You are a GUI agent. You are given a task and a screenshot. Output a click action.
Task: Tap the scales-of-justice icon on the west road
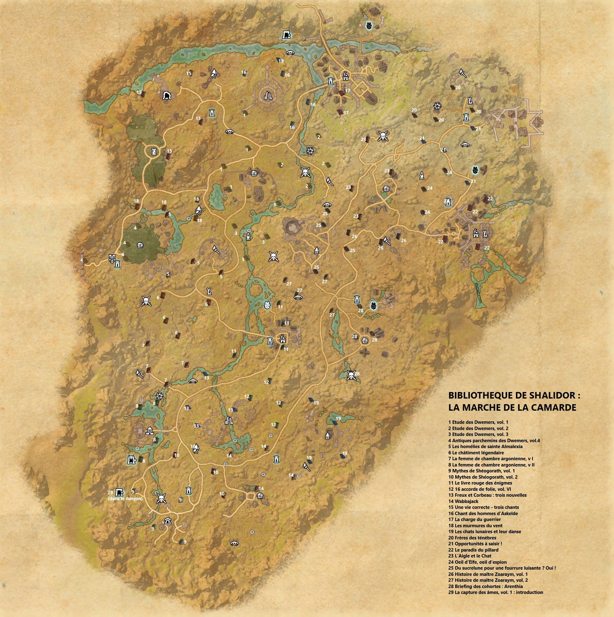pyautogui.click(x=112, y=257)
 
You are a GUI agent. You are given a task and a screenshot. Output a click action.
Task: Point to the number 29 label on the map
pyautogui.click(x=111, y=492)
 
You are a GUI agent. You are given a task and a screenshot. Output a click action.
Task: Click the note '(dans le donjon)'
pyautogui.click(x=125, y=498)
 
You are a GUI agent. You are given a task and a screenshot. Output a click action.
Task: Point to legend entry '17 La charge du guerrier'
pyautogui.click(x=474, y=519)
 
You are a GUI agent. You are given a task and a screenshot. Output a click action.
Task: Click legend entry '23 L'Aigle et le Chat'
pyautogui.click(x=470, y=556)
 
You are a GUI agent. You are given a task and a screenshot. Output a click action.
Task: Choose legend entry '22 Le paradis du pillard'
pyautogui.click(x=473, y=550)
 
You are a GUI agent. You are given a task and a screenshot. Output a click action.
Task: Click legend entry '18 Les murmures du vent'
pyautogui.click(x=475, y=525)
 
